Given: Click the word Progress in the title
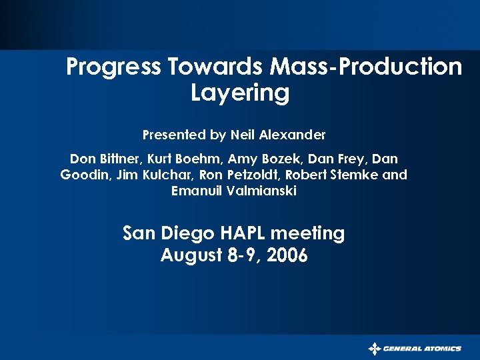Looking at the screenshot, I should pos(113,67).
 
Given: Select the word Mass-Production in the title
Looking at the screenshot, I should pos(366,67).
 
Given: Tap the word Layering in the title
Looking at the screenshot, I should pos(240,93).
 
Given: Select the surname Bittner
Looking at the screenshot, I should pos(121,159).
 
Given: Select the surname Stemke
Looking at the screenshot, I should pos(356,175).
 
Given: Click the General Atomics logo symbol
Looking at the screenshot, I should pos(375,349).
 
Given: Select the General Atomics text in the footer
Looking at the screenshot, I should pos(422,349).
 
